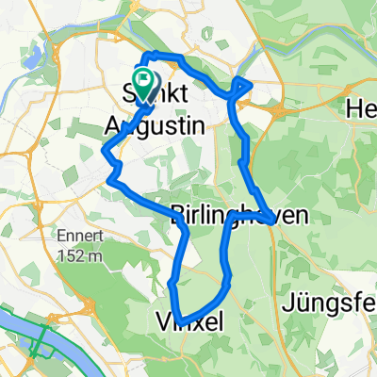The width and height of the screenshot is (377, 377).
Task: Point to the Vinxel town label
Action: tap(188, 323)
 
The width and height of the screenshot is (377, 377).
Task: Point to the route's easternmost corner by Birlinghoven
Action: tap(273, 220)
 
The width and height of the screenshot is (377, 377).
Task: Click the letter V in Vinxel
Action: tap(158, 323)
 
